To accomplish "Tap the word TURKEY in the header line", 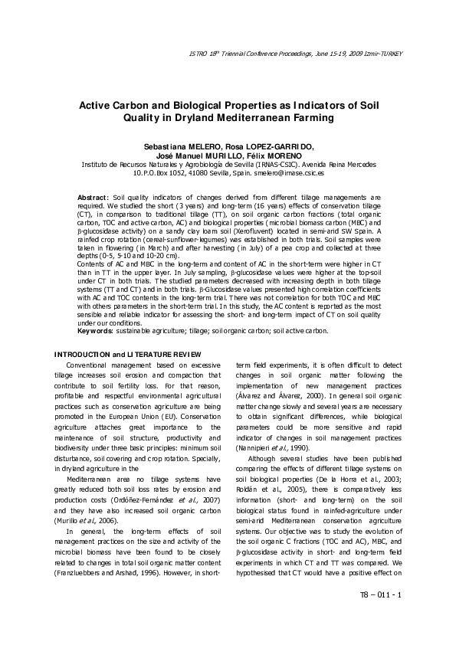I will pyautogui.click(x=386, y=53).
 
